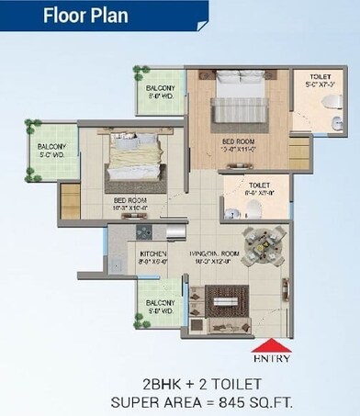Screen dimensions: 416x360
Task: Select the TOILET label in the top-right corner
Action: [x=321, y=77]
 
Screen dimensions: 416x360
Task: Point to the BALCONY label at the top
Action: [x=162, y=88]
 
